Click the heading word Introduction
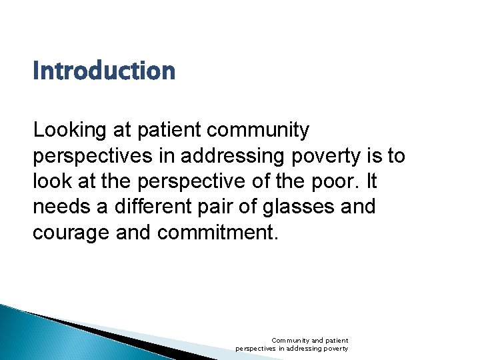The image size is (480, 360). pyautogui.click(x=104, y=71)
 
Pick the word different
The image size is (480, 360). pyautogui.click(x=147, y=207)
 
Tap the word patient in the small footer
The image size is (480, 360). pyautogui.click(x=337, y=341)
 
